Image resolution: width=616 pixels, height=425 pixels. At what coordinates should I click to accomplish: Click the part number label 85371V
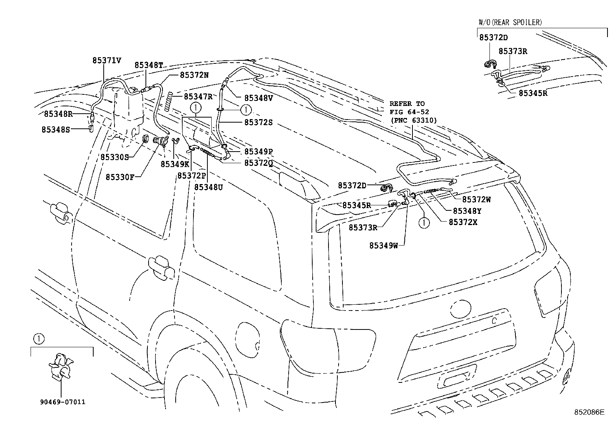point(107,60)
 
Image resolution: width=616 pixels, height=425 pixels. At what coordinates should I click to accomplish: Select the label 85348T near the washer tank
point(149,65)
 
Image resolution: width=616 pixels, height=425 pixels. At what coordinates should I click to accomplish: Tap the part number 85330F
point(120,177)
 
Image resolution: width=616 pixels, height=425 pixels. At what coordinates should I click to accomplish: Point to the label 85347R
point(198,96)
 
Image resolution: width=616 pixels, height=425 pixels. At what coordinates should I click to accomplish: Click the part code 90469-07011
point(62,402)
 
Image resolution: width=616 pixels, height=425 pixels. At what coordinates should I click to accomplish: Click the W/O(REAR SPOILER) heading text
point(510,22)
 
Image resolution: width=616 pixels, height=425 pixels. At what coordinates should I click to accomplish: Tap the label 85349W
point(383,245)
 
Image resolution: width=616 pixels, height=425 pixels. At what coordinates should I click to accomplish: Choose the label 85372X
point(463,222)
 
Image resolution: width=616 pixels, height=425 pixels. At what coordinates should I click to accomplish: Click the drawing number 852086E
point(589,412)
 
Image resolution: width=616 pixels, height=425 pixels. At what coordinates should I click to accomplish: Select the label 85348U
point(209,187)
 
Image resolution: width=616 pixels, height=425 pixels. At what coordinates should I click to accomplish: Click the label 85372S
point(258,122)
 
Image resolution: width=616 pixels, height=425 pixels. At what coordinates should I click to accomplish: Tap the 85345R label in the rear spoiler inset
point(533,93)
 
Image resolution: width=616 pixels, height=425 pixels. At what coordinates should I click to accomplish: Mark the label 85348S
point(56,130)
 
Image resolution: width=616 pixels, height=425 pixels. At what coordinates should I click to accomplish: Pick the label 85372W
point(476,200)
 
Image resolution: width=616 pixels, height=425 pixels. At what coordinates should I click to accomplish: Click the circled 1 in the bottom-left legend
point(38,339)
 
